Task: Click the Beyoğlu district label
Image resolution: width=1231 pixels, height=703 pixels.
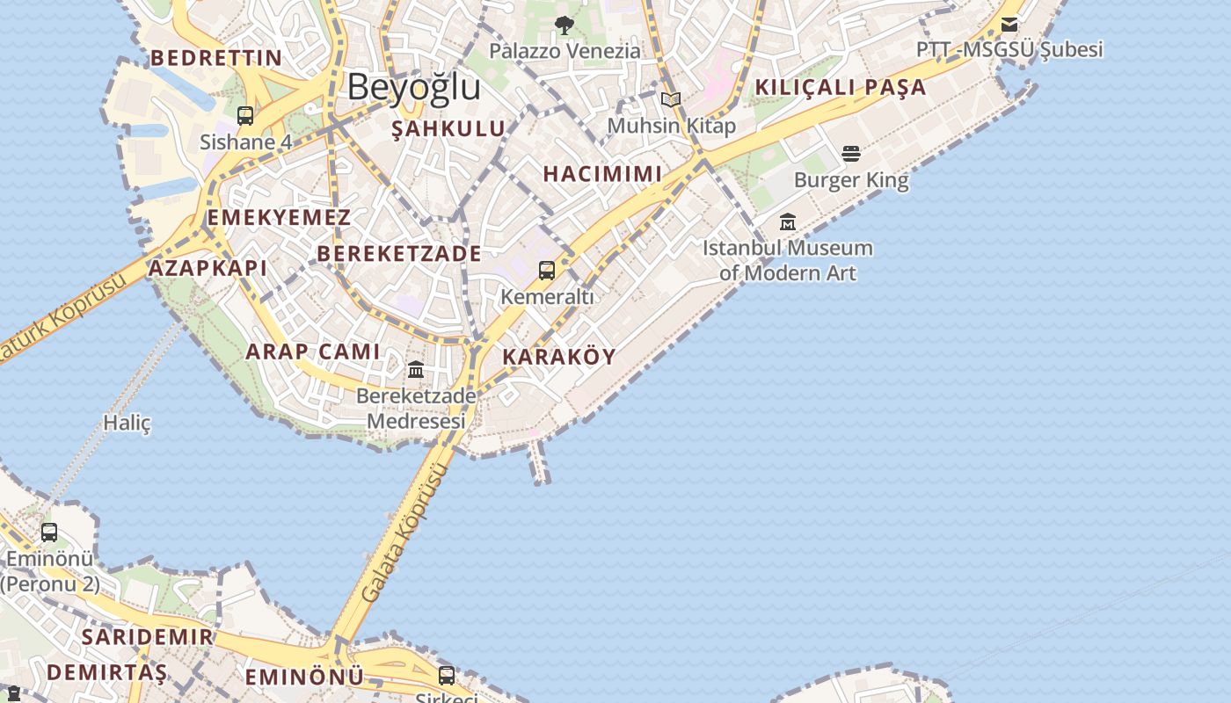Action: [x=413, y=87]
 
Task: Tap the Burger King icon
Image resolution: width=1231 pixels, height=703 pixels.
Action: [x=850, y=154]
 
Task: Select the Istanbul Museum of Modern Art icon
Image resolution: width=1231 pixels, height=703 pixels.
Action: [x=787, y=222]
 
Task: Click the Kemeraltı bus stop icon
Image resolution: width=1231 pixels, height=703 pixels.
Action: [x=547, y=271]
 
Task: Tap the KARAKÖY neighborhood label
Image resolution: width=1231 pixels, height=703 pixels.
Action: [x=558, y=357]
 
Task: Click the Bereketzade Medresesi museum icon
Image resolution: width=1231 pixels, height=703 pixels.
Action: [x=416, y=370]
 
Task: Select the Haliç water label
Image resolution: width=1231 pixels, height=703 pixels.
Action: [x=127, y=423]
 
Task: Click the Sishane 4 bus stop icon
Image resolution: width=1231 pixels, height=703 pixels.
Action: [x=245, y=116]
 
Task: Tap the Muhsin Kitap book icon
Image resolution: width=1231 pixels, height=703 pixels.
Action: [x=671, y=99]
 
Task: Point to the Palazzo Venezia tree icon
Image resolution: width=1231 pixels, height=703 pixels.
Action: [x=565, y=25]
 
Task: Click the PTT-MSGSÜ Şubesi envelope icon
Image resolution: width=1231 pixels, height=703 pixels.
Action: [x=1009, y=24]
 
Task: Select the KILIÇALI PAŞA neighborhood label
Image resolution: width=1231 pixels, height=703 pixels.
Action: [x=841, y=87]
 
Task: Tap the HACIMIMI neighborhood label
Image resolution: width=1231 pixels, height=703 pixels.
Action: [x=602, y=174]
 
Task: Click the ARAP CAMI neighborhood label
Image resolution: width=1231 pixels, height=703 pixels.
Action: [x=313, y=352]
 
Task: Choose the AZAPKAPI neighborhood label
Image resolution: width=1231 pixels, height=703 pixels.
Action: [x=208, y=268]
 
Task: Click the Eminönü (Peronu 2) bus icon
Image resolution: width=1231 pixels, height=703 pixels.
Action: [x=49, y=532]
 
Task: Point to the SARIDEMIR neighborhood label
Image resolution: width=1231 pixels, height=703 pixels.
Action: [x=147, y=637]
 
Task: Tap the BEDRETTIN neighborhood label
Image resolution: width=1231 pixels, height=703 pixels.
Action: [x=216, y=59]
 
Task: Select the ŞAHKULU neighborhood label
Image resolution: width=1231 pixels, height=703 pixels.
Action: [x=448, y=129]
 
